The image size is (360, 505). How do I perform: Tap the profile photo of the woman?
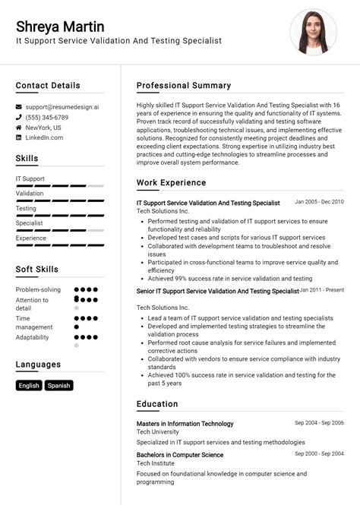313,32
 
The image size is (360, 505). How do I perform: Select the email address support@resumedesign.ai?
62,107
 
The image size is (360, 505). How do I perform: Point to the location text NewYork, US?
43,128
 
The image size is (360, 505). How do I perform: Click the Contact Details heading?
48,86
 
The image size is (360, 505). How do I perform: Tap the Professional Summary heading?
184,86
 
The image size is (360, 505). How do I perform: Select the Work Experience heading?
171,183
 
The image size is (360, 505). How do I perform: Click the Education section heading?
157,404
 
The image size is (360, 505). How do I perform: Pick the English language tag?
29,386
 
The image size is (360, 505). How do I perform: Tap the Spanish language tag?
58,386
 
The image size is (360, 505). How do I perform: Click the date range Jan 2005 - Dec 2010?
319,202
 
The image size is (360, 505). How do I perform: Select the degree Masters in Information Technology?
185,424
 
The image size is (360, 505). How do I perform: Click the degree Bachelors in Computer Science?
180,455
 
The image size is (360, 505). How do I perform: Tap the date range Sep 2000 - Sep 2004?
319,454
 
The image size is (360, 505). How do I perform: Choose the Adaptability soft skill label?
32,337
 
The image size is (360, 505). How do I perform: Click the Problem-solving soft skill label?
38,290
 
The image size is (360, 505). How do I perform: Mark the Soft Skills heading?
37,270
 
